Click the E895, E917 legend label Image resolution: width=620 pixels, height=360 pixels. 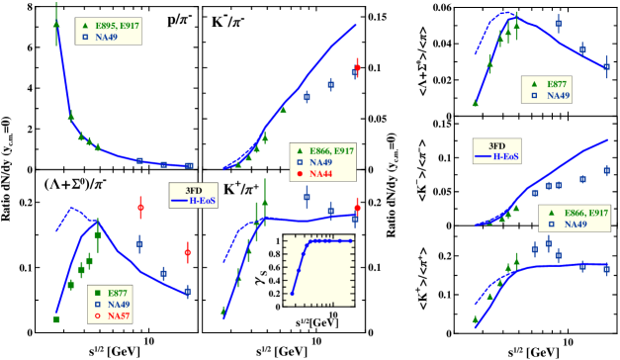point(118,25)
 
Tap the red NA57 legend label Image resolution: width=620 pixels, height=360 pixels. point(119,316)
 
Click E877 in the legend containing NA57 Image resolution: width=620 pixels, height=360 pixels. point(118,293)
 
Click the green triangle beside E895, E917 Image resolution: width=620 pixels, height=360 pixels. point(85,25)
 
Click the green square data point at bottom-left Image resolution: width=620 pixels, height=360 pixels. point(56,319)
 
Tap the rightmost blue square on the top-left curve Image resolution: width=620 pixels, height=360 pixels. point(190,165)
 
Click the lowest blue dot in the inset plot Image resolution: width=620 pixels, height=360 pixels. point(292,294)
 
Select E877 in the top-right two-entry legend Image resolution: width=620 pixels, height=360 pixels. point(559,83)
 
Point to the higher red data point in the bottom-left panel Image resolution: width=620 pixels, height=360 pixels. point(140,208)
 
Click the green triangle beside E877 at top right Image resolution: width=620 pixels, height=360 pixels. point(536,83)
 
